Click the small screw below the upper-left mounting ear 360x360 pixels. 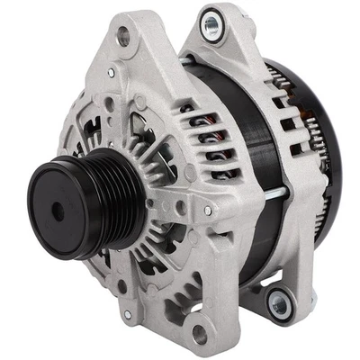pos(111,72)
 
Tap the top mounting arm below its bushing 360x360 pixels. pos(216,54)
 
